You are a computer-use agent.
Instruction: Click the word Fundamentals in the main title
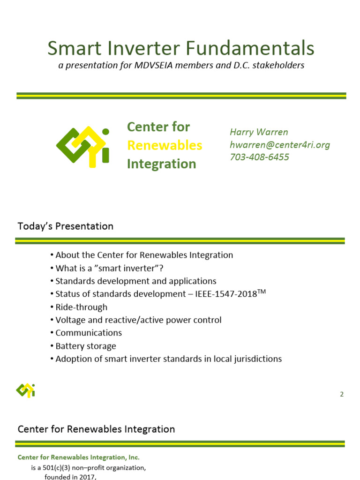[x=250, y=48]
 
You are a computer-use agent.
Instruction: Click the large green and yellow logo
[x=83, y=147]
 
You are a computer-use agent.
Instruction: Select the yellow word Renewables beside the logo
[x=165, y=145]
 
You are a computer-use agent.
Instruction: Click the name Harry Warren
[x=259, y=132]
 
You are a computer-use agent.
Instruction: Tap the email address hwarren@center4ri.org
[x=280, y=144]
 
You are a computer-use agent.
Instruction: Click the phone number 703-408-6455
[x=259, y=157]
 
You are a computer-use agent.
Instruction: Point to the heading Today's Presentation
[x=66, y=226]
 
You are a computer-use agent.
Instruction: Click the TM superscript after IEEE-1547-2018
[x=262, y=292]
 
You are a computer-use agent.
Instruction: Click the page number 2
[x=342, y=394]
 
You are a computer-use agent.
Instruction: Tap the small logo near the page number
[x=26, y=390]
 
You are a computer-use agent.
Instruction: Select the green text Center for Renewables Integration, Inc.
[x=78, y=457]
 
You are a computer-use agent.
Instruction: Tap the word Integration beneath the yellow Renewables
[x=162, y=164]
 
